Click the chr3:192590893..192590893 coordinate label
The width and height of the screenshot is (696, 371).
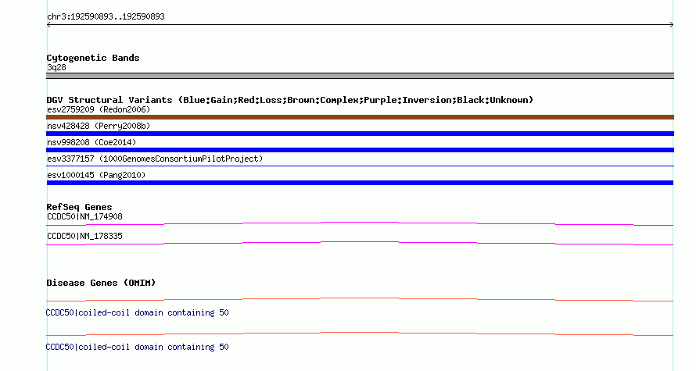coord(106,17)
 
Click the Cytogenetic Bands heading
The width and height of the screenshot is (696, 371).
coord(93,58)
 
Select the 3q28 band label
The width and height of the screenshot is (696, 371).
coord(56,67)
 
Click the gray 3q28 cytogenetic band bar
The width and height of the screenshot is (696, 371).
coord(360,76)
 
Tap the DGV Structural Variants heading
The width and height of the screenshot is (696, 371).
coord(109,100)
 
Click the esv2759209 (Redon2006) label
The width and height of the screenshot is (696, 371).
coord(99,109)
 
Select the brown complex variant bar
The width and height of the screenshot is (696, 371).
coord(360,117)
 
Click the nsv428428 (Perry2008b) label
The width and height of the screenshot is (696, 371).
coord(99,126)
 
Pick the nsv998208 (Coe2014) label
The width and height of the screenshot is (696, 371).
coord(91,142)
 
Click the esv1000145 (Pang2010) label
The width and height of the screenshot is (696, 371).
coord(96,175)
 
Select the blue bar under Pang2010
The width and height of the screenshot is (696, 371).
coord(360,183)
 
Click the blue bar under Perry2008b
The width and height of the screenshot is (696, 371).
coord(360,134)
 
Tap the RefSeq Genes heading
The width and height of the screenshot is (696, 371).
coord(79,208)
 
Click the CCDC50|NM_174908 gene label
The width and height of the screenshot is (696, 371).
coord(84,217)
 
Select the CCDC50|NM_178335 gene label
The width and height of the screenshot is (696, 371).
coord(84,236)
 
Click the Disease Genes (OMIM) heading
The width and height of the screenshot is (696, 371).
coord(101,283)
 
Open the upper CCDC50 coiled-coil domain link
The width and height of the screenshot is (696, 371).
coord(137,313)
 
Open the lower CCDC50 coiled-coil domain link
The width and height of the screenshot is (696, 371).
coord(137,347)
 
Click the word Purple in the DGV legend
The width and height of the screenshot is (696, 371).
coord(380,100)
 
